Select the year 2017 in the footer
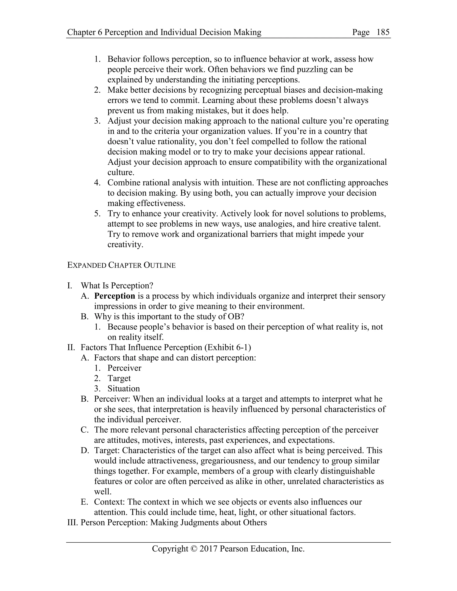pos(208,549)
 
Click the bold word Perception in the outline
pos(114,296)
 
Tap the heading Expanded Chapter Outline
pos(121,265)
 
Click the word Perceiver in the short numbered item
pos(124,368)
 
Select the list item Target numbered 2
pos(119,378)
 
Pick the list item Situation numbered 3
pos(123,388)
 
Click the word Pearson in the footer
pos(234,549)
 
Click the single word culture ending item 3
pos(120,173)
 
